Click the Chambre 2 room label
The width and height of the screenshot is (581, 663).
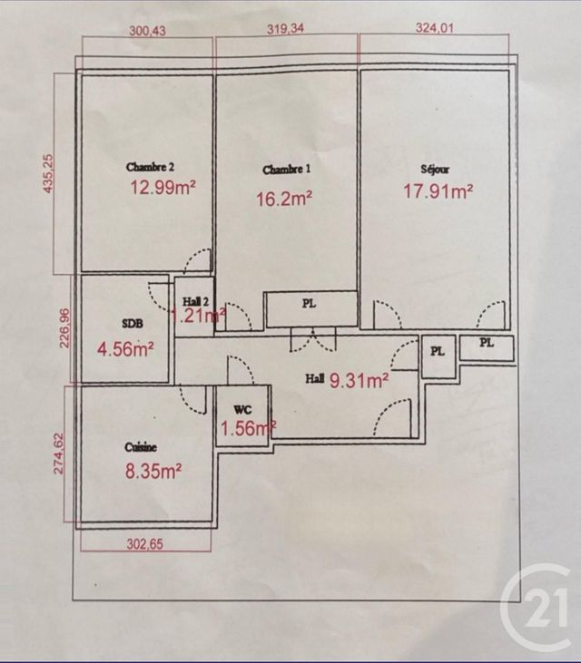point(150,167)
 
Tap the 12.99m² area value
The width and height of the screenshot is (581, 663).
point(164,188)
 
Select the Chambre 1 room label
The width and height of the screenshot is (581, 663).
point(286,170)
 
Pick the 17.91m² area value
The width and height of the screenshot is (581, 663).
point(438,190)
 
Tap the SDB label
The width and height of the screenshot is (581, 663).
point(132,323)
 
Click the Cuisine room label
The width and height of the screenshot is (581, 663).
point(141,447)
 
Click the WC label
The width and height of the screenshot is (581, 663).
point(241,409)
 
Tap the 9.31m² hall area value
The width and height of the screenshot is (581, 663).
point(360,380)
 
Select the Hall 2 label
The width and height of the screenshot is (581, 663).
point(196,302)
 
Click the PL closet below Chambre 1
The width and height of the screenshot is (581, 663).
point(310,305)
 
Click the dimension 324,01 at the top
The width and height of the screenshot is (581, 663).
point(433,27)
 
